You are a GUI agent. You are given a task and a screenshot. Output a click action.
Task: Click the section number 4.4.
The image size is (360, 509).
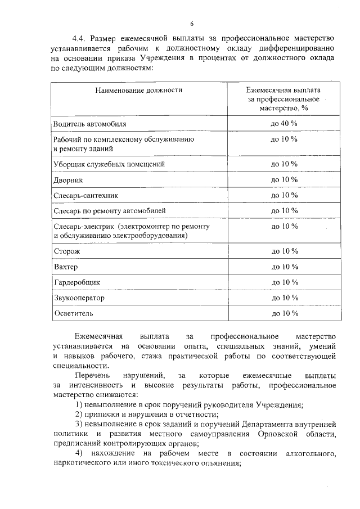[x=78, y=38]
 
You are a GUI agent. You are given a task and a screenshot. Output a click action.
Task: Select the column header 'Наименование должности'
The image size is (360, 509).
[x=138, y=90]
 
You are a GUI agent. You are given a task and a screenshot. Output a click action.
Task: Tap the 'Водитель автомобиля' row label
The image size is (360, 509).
[x=89, y=123]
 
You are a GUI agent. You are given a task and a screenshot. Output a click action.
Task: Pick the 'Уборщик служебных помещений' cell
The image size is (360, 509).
[x=109, y=164]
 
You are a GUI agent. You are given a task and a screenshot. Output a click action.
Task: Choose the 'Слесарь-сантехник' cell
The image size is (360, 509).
[x=86, y=195]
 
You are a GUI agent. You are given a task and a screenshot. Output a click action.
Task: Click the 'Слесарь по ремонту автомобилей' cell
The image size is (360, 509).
[x=110, y=211]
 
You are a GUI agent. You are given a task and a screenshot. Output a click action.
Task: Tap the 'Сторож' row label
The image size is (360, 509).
[x=67, y=251]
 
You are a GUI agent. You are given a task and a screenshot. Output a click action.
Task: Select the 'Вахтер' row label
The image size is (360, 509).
[x=66, y=266]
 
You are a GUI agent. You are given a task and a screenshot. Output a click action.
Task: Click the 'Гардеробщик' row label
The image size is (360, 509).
[x=76, y=282]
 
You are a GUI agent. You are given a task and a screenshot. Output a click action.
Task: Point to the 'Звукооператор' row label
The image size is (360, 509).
[x=79, y=297]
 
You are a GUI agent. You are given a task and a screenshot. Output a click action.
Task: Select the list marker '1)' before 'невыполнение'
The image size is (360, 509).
[x=79, y=406]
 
